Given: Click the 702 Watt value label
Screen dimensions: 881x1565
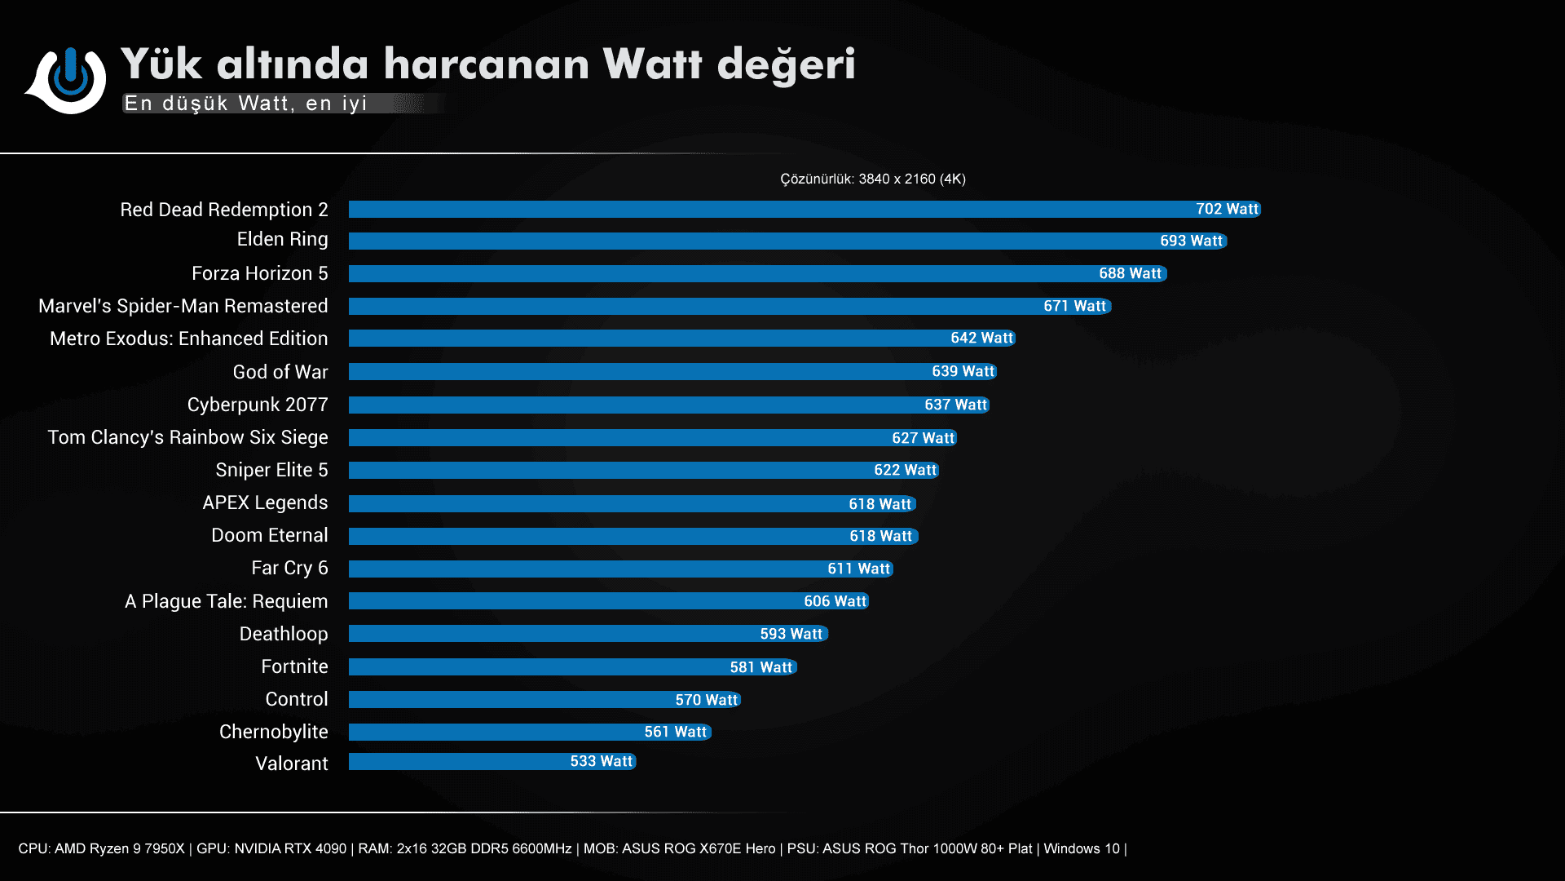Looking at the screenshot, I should [1227, 209].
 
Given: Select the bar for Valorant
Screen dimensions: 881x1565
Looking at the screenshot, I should [492, 761].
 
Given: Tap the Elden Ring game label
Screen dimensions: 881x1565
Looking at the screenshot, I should [282, 239].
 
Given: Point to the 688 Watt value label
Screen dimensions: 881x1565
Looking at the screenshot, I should [1130, 273].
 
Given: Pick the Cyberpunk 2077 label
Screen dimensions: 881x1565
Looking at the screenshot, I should [258, 405].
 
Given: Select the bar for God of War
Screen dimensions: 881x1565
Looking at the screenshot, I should [672, 371].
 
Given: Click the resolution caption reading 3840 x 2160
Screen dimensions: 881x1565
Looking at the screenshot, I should [872, 179].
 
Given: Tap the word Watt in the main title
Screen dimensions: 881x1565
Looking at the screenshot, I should [652, 64].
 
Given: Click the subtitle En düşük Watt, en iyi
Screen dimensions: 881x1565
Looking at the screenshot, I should [245, 104].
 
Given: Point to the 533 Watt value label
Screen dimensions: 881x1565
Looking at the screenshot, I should [601, 761].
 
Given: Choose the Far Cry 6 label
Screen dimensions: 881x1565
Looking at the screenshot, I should [289, 568].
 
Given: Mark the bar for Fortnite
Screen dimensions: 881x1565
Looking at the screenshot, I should [572, 666].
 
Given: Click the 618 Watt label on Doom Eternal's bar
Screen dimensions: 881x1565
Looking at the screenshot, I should [880, 536].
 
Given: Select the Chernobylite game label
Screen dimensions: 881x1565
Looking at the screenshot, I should [273, 732].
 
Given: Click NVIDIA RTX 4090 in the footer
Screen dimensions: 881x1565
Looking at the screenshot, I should [290, 848].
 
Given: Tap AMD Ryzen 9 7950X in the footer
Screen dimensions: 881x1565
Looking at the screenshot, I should [119, 848].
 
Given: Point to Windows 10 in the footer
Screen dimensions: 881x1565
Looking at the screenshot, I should [1081, 848].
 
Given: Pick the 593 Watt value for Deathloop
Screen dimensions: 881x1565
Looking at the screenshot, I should [791, 634].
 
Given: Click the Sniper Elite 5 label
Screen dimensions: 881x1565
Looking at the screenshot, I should [271, 470].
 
